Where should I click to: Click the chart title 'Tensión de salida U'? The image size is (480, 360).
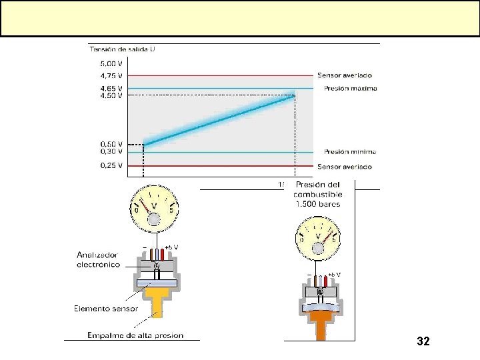(123, 49)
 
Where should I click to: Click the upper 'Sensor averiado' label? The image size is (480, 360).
(345, 75)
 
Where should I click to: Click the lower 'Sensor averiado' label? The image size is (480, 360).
(345, 167)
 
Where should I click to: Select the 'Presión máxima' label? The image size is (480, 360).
(350, 88)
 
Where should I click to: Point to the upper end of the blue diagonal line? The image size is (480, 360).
(294, 95)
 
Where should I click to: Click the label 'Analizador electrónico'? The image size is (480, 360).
(98, 259)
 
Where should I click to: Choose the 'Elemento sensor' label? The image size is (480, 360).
(106, 308)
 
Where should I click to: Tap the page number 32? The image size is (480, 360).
(423, 341)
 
